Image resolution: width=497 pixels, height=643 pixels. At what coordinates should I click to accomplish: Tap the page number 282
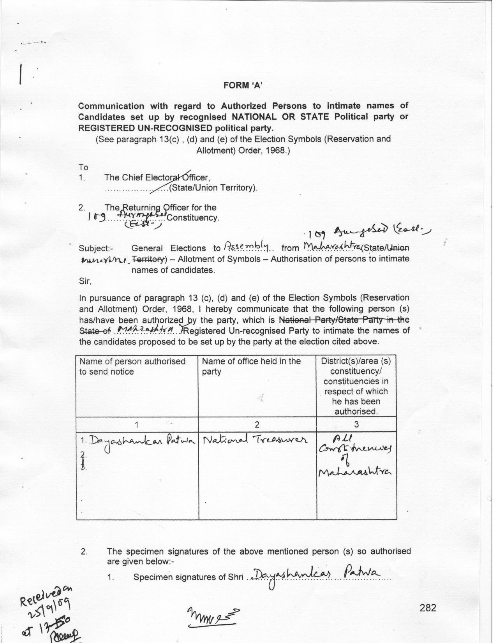point(428,608)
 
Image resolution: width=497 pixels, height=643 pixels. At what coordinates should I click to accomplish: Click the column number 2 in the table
point(257,424)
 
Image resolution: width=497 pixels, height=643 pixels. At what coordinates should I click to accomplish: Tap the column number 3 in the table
point(356,424)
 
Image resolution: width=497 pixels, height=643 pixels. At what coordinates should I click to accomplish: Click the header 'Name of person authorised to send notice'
point(132,366)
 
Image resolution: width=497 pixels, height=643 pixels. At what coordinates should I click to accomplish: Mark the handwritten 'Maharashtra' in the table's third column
point(354,472)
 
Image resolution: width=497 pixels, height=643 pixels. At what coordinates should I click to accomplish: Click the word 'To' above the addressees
point(83,168)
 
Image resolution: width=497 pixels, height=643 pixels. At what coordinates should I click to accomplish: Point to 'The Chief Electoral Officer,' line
point(157,178)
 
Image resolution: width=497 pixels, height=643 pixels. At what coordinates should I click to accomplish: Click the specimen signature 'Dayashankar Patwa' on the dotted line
point(314,574)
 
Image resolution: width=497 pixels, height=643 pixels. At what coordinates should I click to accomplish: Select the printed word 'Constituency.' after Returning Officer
point(193,217)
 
